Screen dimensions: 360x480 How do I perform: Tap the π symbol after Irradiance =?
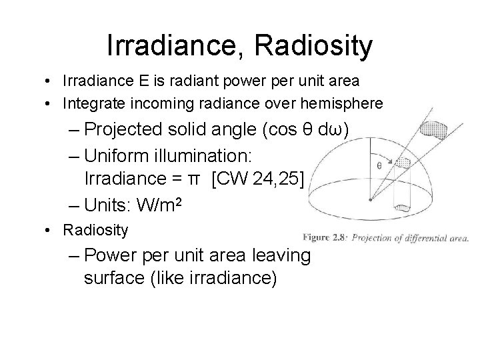coord(193,179)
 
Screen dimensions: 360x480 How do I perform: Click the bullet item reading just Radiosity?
coord(95,231)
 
